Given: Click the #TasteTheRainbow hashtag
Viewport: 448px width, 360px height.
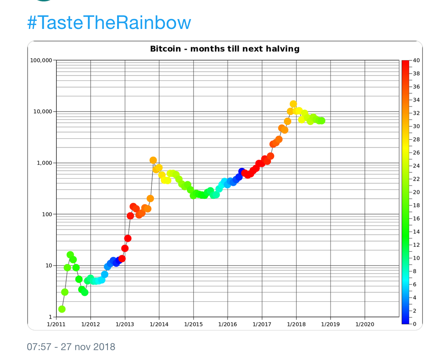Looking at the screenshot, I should click(x=109, y=23).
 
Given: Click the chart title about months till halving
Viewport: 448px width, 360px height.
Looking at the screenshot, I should click(x=225, y=49).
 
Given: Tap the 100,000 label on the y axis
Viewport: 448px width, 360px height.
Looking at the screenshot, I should click(x=42, y=60).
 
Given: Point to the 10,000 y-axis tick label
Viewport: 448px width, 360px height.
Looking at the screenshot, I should click(x=43, y=112).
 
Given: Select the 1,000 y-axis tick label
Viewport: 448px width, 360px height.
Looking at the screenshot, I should click(x=44, y=163).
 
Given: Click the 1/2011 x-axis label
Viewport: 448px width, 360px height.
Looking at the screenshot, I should click(x=56, y=324).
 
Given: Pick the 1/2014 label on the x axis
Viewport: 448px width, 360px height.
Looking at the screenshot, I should click(x=159, y=324).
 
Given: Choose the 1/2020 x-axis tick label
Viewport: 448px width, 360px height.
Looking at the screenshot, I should click(x=364, y=324).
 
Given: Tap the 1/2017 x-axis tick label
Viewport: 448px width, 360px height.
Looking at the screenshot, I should click(x=262, y=324).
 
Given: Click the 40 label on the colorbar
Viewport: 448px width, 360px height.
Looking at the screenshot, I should click(x=416, y=60).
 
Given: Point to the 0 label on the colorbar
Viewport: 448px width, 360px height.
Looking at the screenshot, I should click(x=414, y=324).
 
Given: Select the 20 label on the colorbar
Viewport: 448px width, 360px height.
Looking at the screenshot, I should click(x=416, y=192).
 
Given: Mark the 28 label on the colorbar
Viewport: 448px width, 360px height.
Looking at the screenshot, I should click(x=416, y=139).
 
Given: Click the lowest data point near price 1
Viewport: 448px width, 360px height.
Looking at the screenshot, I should click(x=62, y=309).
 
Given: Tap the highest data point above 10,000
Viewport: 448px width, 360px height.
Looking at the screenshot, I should click(x=293, y=104).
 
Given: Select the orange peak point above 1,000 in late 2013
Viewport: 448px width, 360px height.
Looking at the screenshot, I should click(x=153, y=160).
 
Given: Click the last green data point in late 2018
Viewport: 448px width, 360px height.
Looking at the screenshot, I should click(x=321, y=121).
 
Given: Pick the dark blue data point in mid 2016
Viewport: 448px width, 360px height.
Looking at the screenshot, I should click(x=242, y=172).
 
